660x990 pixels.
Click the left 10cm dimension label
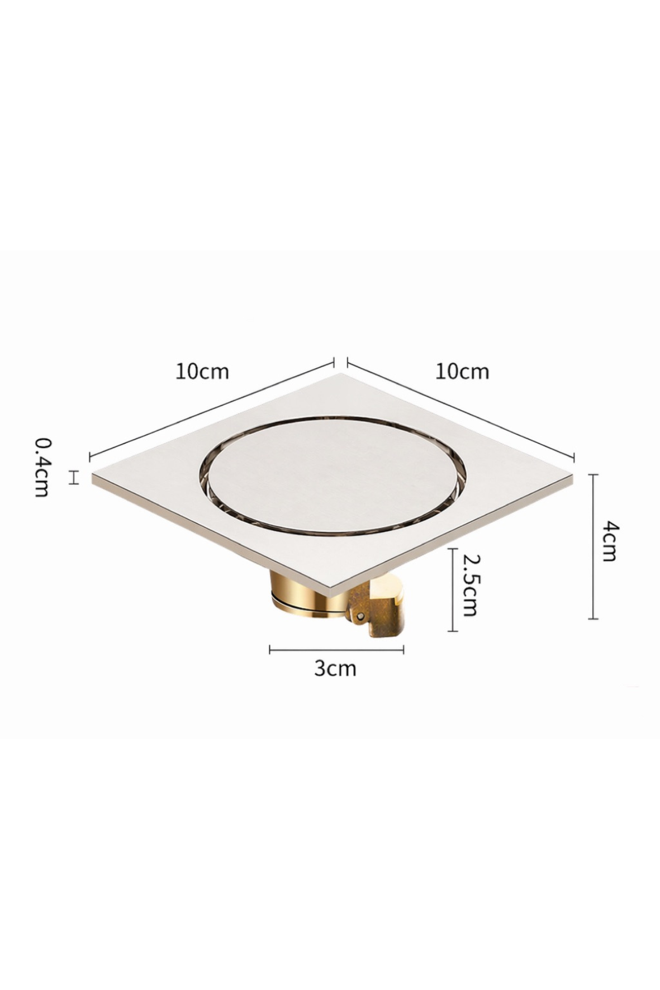click(x=202, y=371)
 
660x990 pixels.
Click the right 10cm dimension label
click(x=462, y=371)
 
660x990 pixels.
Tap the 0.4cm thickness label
click(x=42, y=467)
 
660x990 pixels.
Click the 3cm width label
click(x=335, y=668)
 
